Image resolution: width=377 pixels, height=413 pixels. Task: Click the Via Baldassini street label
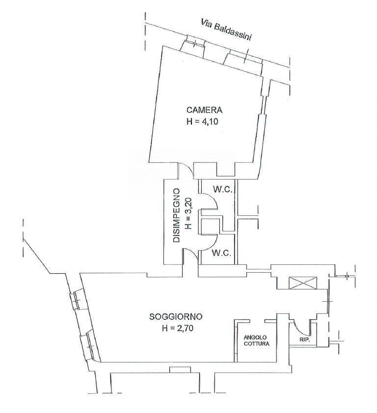point(226,29)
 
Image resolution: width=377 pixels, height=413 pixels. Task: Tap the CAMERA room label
point(204,110)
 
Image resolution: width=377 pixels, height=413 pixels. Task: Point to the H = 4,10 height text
point(202,122)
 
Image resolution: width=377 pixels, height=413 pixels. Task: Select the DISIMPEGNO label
point(176,215)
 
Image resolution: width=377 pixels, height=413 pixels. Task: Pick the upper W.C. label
point(222,189)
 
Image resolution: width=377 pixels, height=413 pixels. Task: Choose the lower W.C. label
point(222,253)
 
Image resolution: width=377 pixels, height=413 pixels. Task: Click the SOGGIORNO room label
point(176,316)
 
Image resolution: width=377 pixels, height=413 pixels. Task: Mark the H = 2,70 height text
point(178,328)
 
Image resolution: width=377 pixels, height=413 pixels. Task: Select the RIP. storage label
point(305,340)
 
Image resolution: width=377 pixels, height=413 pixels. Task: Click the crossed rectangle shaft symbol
point(303,283)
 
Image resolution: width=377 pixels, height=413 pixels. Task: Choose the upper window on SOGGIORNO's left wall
point(77,300)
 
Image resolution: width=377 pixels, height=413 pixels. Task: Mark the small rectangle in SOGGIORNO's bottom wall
point(176,370)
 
